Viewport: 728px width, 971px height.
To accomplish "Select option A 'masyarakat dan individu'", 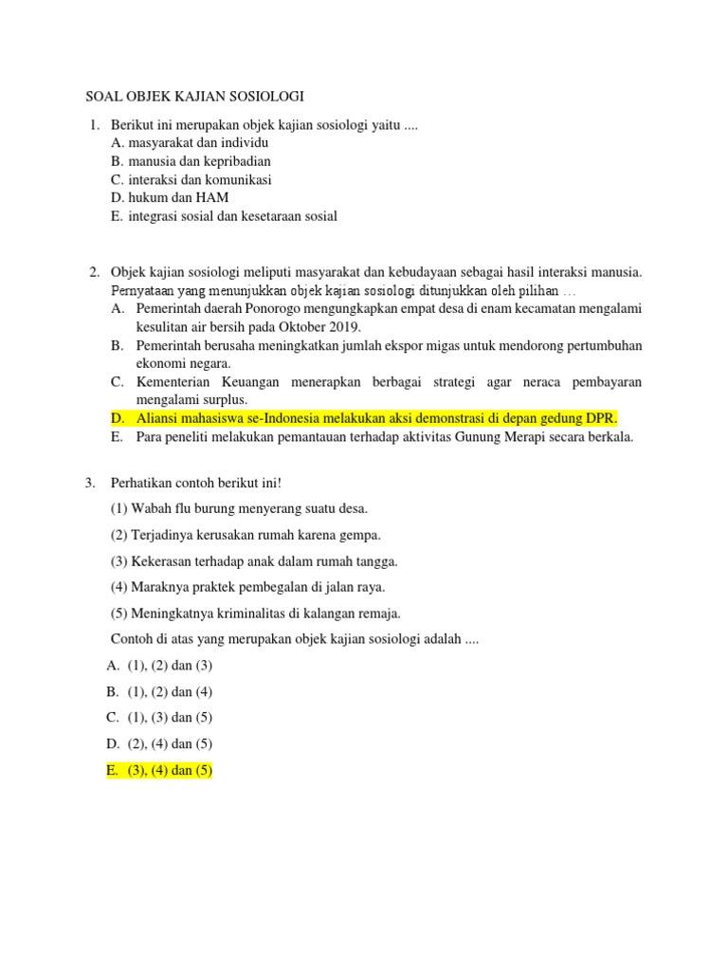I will (x=190, y=143).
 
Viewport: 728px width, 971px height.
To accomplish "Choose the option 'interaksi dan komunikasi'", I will (x=199, y=179).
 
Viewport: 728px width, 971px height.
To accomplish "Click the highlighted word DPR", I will (x=600, y=418).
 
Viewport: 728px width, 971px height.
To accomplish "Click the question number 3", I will (x=91, y=483).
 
